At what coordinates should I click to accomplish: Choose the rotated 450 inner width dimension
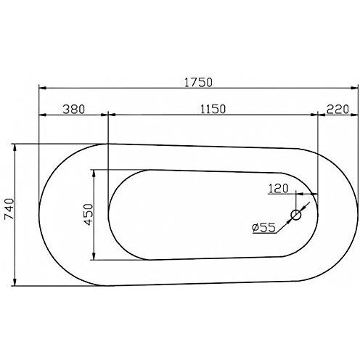[x=88, y=215]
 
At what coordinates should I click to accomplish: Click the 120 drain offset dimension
[x=279, y=188]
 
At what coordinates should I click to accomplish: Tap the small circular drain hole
[x=296, y=215]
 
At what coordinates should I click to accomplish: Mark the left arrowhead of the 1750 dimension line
[x=42, y=89]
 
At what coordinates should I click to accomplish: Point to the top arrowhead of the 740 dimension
[x=15, y=147]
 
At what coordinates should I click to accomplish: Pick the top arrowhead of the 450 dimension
[x=94, y=173]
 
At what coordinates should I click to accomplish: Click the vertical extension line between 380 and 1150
[x=107, y=131]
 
